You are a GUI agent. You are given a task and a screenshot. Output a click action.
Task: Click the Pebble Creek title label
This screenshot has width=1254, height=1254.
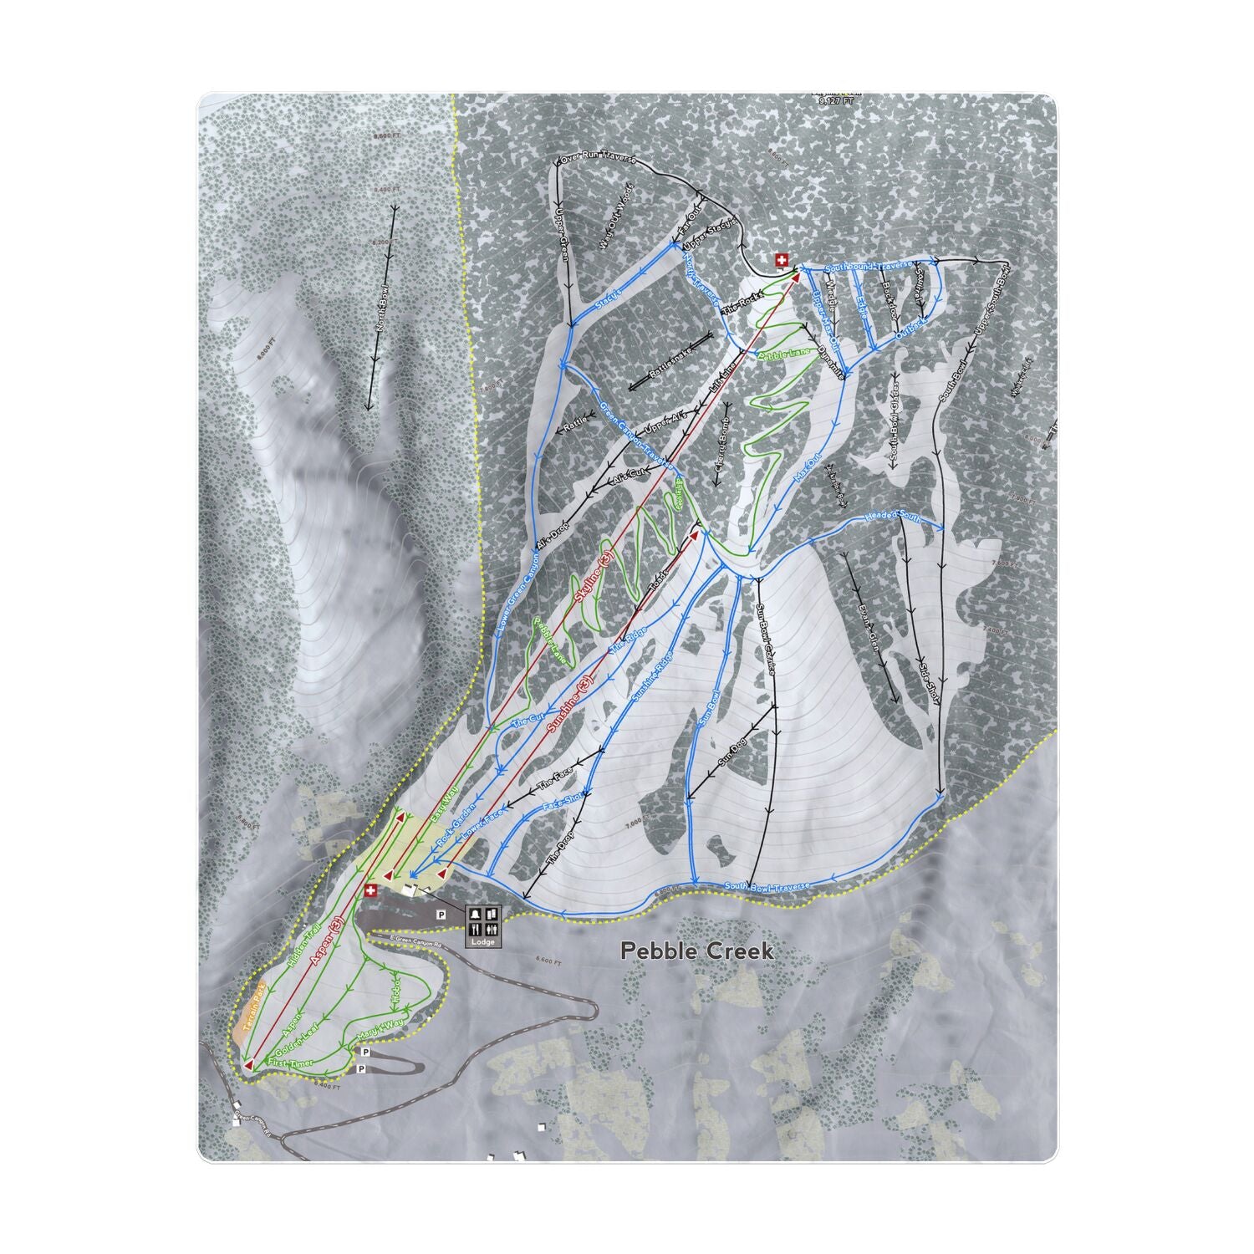(697, 951)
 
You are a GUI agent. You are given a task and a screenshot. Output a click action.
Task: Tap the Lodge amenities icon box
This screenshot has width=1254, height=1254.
(483, 925)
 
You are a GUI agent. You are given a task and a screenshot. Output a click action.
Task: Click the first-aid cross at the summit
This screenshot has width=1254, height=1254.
(782, 260)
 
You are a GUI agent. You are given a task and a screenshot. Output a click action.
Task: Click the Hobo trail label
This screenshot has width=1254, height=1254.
(396, 988)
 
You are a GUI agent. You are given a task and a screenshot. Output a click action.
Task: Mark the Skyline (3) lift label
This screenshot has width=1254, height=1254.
(594, 577)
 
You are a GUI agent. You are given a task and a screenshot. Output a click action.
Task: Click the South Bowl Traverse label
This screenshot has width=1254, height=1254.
(767, 886)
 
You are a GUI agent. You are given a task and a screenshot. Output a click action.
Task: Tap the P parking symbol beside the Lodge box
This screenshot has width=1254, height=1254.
(441, 916)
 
